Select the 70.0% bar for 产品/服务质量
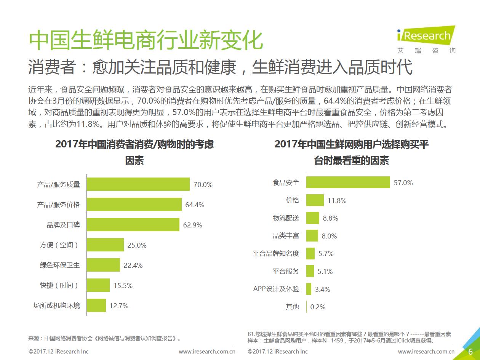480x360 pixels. point(138,184)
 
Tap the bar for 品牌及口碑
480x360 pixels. point(133,225)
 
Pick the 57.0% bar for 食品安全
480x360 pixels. point(348,182)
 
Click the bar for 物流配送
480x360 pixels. point(313,218)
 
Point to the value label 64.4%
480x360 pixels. point(195,205)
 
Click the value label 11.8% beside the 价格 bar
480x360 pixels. point(337,200)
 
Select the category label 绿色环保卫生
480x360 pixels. point(60,265)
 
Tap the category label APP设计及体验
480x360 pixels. point(276,289)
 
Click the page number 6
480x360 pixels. point(470,352)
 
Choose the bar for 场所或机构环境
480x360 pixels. point(96,305)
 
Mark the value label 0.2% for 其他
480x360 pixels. point(318,307)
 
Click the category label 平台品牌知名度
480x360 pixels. point(276,253)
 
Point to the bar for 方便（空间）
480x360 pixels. point(106,245)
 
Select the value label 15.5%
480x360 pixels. point(123,285)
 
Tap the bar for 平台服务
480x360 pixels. point(310,271)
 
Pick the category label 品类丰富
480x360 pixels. point(286,236)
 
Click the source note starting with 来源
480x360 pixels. point(104,338)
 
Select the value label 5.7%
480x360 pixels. point(326,254)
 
